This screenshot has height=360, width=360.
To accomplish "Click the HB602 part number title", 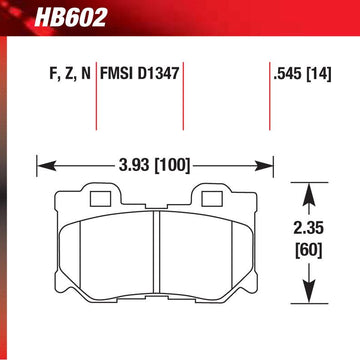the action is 70,17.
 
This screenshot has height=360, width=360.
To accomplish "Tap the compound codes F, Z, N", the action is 70,74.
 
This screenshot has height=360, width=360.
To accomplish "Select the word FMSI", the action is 117,73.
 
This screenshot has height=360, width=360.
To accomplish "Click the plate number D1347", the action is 158,73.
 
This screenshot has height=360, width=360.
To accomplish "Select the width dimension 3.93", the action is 134,165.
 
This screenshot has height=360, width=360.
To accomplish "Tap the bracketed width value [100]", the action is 172,165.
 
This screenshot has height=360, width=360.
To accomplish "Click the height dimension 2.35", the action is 308,229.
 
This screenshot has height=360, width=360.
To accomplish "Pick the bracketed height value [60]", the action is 308,250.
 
